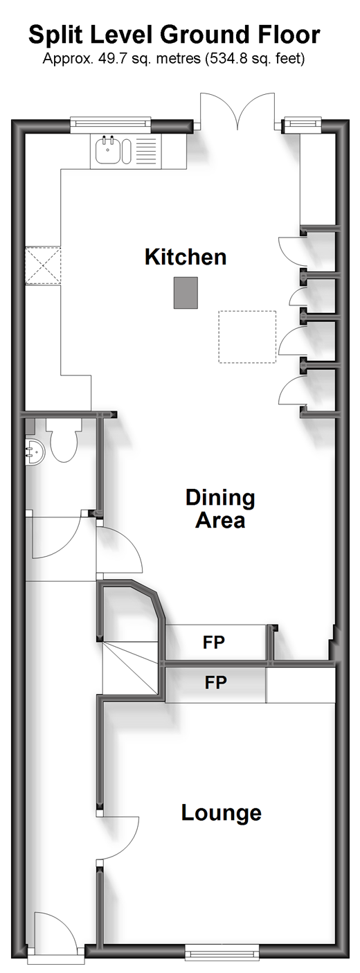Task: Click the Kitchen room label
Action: point(186,257)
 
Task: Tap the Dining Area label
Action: point(220,508)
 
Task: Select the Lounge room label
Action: point(221,813)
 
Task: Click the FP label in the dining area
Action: point(214,642)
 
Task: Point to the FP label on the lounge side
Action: point(216,682)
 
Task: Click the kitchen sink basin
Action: point(107,150)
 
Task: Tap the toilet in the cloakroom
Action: point(64,440)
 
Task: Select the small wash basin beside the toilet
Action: point(35,451)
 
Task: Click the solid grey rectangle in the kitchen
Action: point(186,293)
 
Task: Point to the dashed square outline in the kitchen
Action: point(247,337)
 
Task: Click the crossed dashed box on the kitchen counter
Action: point(43,265)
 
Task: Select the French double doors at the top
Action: point(237,110)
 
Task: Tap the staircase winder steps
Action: point(130,670)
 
